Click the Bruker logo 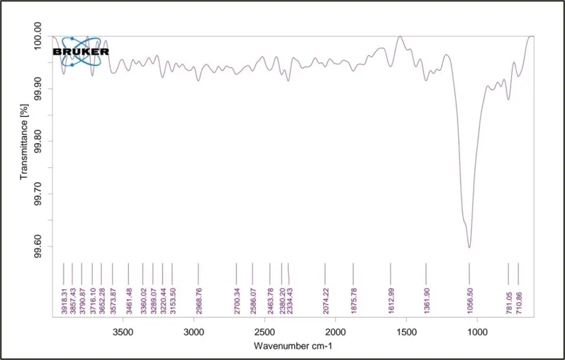pos(81,52)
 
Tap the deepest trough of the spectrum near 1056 pos(469,247)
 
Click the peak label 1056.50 pos(469,300)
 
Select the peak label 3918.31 pos(64,300)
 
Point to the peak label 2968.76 pos(198,300)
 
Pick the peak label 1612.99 pos(391,300)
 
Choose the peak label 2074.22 pos(325,300)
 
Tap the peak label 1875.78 pos(354,300)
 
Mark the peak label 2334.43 pos(289,300)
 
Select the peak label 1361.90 pos(427,300)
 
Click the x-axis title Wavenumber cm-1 pos(293,347)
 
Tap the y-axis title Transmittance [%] pos(24,142)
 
